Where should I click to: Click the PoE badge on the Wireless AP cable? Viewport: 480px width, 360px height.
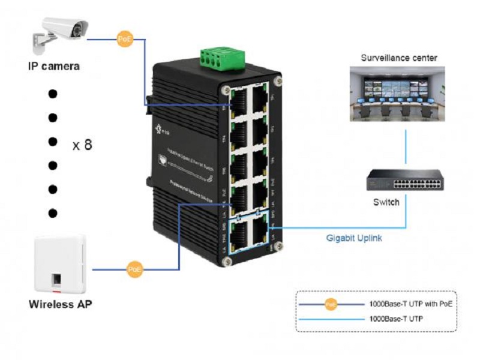pyautogui.click(x=135, y=269)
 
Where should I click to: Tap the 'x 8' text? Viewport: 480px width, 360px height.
pyautogui.click(x=82, y=145)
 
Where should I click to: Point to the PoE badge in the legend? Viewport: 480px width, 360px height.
pyautogui.click(x=331, y=305)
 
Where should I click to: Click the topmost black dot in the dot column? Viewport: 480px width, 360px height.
pyautogui.click(x=53, y=94)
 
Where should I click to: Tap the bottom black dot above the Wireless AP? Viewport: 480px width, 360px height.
pyautogui.click(x=53, y=212)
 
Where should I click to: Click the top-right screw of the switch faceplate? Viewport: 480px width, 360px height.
pyautogui.click(x=277, y=82)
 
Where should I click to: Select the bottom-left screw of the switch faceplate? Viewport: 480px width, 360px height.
pyautogui.click(x=226, y=261)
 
